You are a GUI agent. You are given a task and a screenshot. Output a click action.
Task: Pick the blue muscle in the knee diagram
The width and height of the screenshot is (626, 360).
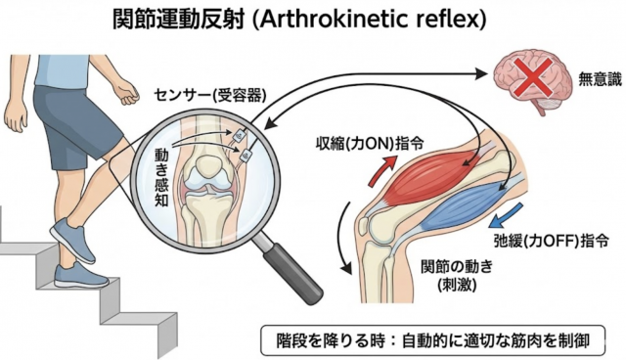pos(469,197)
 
